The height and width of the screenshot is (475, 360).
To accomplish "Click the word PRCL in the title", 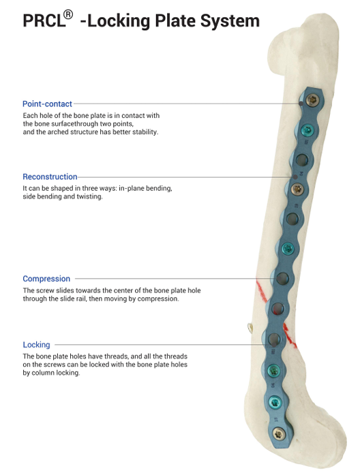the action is point(44,21).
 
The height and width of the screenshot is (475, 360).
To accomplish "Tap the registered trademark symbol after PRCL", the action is point(69,14).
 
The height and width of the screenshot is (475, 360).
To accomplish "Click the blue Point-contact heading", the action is point(47,104).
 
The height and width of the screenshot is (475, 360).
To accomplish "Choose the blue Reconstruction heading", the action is point(50,177).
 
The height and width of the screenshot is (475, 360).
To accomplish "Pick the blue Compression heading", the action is point(46,279).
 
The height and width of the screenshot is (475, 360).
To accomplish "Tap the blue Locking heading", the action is point(36,345).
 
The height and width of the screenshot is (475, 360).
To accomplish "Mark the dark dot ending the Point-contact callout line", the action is point(301,104).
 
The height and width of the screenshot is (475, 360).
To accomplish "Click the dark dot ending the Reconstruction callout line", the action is point(295,177).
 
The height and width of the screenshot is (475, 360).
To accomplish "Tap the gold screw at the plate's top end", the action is point(311,99).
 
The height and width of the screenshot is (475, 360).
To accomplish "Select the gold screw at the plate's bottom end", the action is point(278,434).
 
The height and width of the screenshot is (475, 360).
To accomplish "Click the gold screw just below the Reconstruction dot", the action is point(297,189).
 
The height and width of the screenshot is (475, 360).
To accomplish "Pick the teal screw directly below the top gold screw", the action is point(306,131).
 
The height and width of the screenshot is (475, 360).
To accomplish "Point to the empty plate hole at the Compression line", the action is point(282,278).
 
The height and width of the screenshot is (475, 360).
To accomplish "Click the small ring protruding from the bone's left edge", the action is point(250,327).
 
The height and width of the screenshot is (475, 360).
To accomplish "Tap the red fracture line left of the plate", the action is point(262,292).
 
